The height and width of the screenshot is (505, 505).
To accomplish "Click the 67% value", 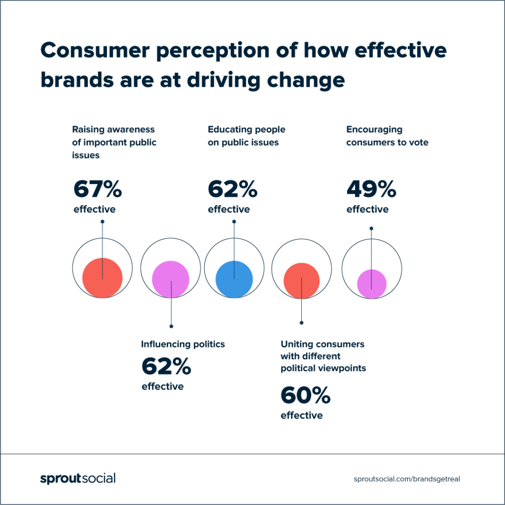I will click(x=98, y=189).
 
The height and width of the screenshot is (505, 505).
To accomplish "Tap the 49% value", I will click(x=371, y=189).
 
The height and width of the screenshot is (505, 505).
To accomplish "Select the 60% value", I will click(x=305, y=396).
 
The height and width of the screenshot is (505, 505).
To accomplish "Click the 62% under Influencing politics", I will click(x=166, y=366).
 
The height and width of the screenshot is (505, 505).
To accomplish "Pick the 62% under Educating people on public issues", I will click(x=232, y=189).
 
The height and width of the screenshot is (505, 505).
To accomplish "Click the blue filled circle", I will click(x=234, y=279).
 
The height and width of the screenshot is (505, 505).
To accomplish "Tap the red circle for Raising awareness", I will click(x=102, y=278).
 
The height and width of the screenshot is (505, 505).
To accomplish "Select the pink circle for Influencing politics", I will click(x=171, y=279).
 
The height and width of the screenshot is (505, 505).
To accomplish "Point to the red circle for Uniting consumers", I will click(x=301, y=281).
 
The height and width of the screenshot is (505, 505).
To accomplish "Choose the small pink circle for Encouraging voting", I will click(x=371, y=284).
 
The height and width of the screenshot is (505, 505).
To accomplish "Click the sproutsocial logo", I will click(x=77, y=478).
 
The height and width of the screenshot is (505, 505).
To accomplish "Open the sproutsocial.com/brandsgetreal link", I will click(x=409, y=479).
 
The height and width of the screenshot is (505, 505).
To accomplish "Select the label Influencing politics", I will click(x=183, y=344).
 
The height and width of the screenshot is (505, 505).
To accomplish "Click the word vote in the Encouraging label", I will click(x=418, y=143).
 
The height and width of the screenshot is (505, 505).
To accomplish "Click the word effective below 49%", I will click(x=367, y=210).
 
